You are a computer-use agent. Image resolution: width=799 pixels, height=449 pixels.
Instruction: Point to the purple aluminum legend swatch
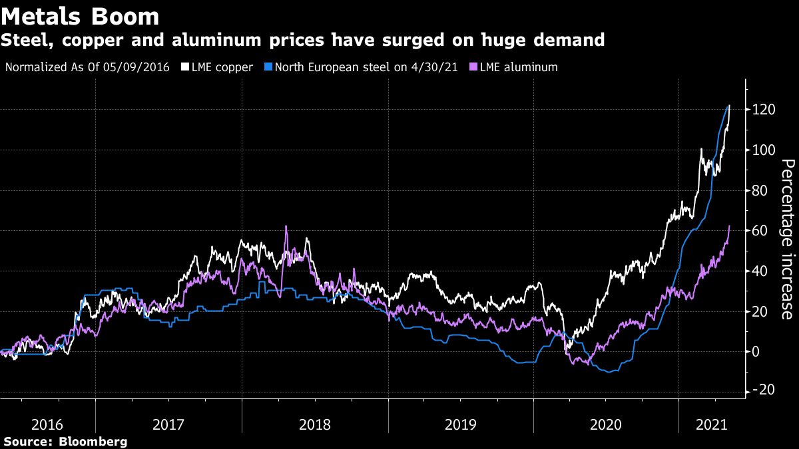474,67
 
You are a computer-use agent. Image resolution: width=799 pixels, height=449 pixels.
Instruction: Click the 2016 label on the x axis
47,424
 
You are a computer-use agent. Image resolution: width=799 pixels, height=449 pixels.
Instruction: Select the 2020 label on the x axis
606,424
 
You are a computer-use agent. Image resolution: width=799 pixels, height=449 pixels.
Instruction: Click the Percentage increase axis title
788,239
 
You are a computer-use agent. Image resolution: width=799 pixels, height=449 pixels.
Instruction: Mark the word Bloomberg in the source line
93,441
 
